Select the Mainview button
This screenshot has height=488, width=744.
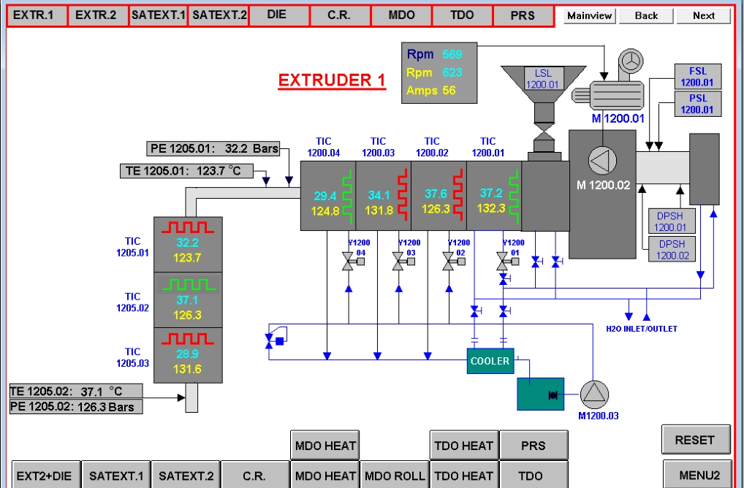click(589, 15)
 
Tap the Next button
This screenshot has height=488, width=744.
click(703, 15)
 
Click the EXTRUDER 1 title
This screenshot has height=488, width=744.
click(332, 80)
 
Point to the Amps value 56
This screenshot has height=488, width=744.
click(449, 91)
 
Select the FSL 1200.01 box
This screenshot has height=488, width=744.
click(697, 77)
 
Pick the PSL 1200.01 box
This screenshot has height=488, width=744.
click(697, 104)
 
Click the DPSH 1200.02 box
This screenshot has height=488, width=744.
click(672, 249)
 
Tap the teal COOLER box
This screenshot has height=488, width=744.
click(490, 361)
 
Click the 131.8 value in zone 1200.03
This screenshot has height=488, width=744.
click(379, 210)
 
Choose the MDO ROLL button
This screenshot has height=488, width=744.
click(395, 476)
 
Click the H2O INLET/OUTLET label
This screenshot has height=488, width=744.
click(642, 329)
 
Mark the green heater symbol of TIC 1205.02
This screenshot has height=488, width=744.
click(188, 283)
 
